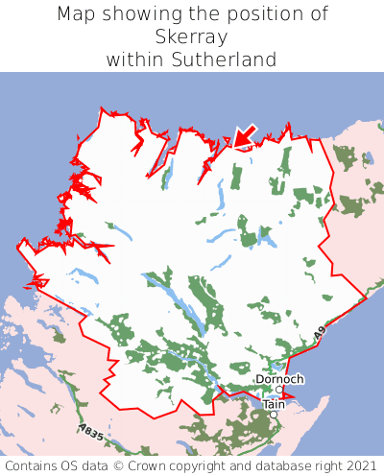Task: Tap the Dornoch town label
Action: pos(279,380)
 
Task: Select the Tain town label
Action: pos(275,405)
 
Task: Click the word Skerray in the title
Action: pos(192,37)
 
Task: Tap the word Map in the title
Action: pos(77,14)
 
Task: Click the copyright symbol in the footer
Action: pos(146,464)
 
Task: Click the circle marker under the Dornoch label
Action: pos(279,390)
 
